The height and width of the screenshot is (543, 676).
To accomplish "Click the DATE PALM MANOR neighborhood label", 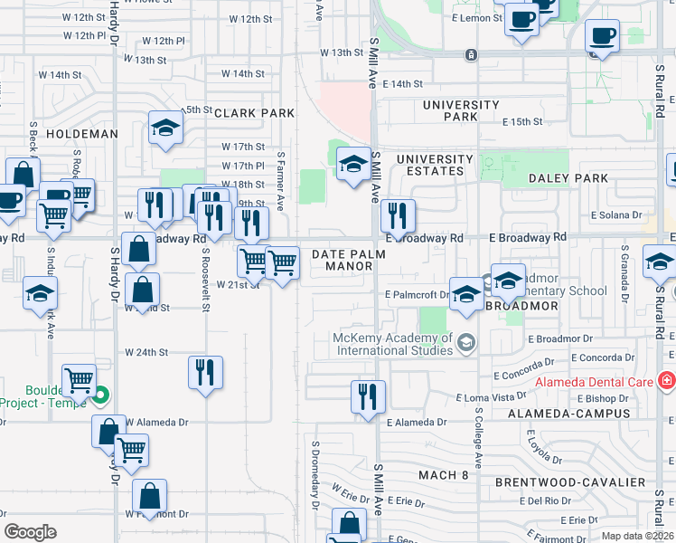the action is [x=349, y=261].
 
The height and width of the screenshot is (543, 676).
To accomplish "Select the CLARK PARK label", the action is [x=255, y=113].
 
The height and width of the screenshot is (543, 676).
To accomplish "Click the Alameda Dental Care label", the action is [x=593, y=382].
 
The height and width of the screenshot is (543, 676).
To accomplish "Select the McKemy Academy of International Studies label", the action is [x=392, y=345].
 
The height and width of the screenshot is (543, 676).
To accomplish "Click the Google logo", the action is [x=31, y=531].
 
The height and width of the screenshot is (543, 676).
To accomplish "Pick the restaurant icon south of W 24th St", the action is [x=206, y=372].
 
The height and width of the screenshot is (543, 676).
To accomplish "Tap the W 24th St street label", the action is [x=146, y=352].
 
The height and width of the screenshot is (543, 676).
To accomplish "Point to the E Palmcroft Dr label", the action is [x=417, y=295].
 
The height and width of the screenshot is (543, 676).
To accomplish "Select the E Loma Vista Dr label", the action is [x=492, y=397].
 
